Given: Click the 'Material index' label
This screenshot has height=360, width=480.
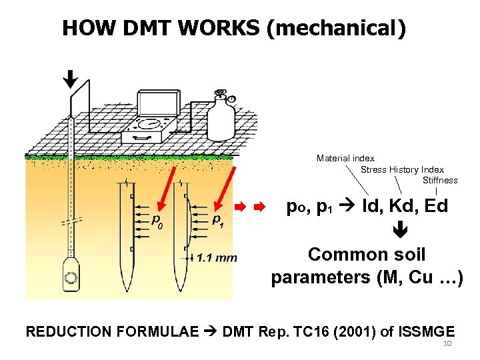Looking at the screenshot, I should point(345,159).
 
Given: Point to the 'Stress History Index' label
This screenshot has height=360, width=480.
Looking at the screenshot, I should point(402,169).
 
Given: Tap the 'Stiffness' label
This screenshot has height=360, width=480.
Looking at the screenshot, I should point(440,180).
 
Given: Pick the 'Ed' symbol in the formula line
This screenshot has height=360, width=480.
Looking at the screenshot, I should point(436,207).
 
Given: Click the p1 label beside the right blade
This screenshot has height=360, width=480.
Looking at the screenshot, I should point(218,220).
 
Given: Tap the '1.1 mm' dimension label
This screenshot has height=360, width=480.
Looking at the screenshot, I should point(217,258).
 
